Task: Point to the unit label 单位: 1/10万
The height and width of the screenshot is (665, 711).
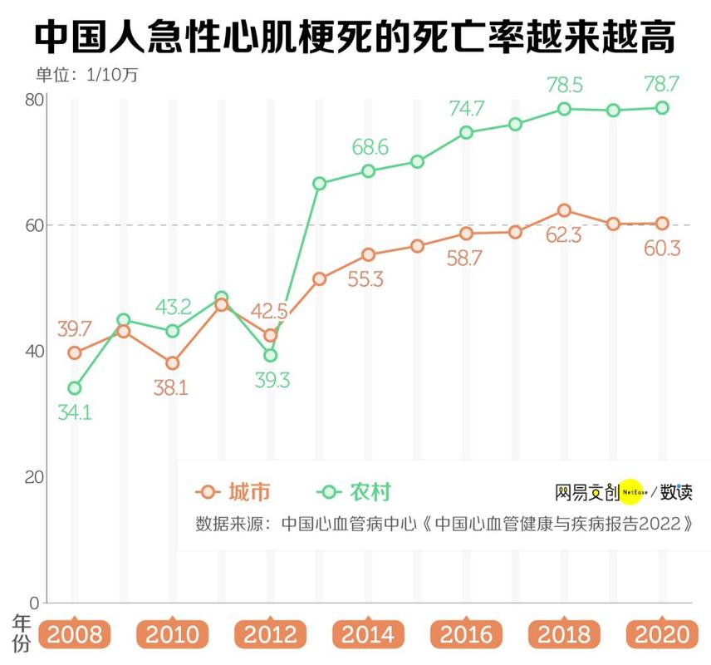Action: point(86,75)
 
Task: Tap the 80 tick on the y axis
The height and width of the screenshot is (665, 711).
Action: point(34,99)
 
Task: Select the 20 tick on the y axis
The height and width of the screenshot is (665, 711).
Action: point(34,477)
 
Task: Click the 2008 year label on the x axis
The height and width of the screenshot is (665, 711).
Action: point(74,634)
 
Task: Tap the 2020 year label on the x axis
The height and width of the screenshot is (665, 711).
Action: point(662,634)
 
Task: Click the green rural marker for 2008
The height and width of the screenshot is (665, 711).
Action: point(75,388)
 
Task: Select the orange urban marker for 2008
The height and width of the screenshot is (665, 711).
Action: point(75,352)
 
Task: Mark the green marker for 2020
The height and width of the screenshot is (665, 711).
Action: point(662,107)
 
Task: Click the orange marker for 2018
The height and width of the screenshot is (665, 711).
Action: point(564,210)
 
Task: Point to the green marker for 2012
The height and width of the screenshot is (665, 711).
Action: point(270,355)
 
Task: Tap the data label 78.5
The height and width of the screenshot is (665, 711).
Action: point(565,85)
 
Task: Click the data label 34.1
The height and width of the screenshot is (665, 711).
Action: point(74,411)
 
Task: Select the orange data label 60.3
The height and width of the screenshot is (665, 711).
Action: point(661,248)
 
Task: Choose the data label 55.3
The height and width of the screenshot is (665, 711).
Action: point(365,279)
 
